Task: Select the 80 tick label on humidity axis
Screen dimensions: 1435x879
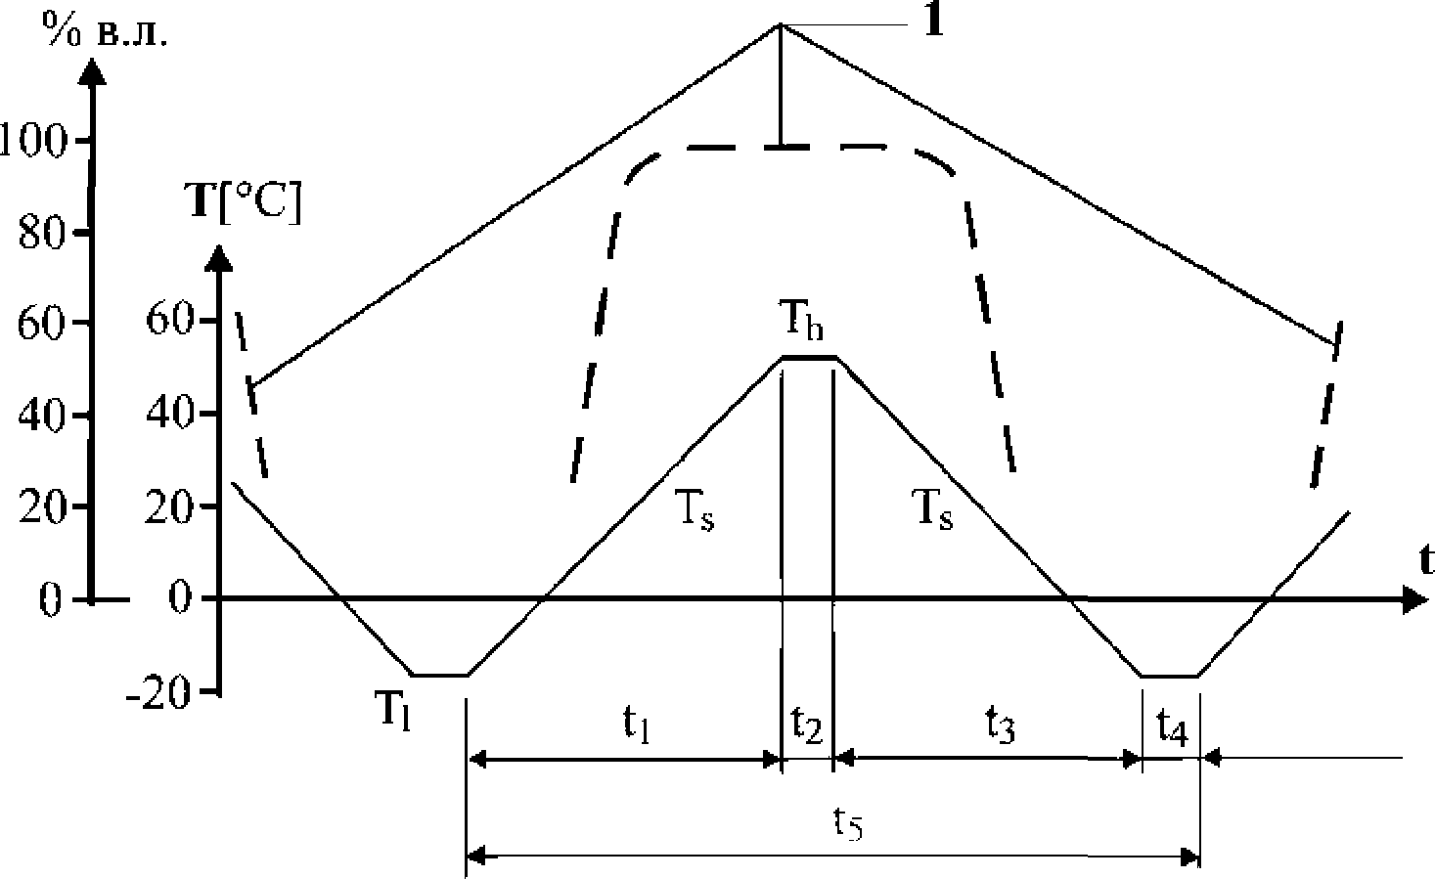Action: tap(45, 232)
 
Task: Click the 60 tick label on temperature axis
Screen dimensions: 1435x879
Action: tap(169, 323)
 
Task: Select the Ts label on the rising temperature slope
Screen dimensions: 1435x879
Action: tap(694, 510)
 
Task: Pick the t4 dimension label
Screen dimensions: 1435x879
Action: tap(1171, 725)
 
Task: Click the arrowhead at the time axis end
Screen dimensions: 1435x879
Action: tap(1412, 598)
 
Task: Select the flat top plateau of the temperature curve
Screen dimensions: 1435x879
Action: tap(808, 358)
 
